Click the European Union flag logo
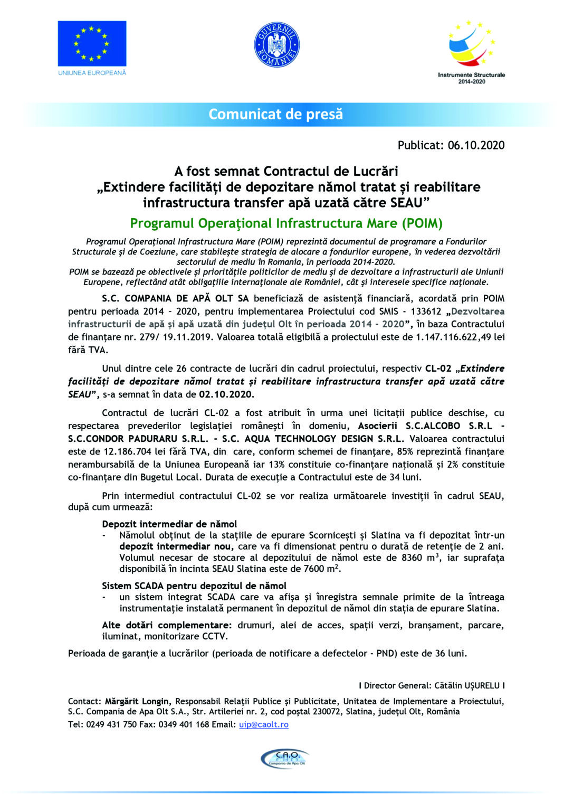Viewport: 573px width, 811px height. point(92,43)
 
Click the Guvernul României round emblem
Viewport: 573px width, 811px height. point(276,44)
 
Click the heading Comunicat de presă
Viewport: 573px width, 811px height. point(275,114)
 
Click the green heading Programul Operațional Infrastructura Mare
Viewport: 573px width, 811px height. point(286,223)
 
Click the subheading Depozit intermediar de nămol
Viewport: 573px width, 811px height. point(169,524)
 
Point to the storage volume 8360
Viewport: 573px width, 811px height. point(412,558)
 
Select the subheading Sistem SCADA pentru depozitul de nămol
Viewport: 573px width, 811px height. point(194,586)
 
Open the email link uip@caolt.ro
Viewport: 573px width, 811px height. point(263,724)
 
